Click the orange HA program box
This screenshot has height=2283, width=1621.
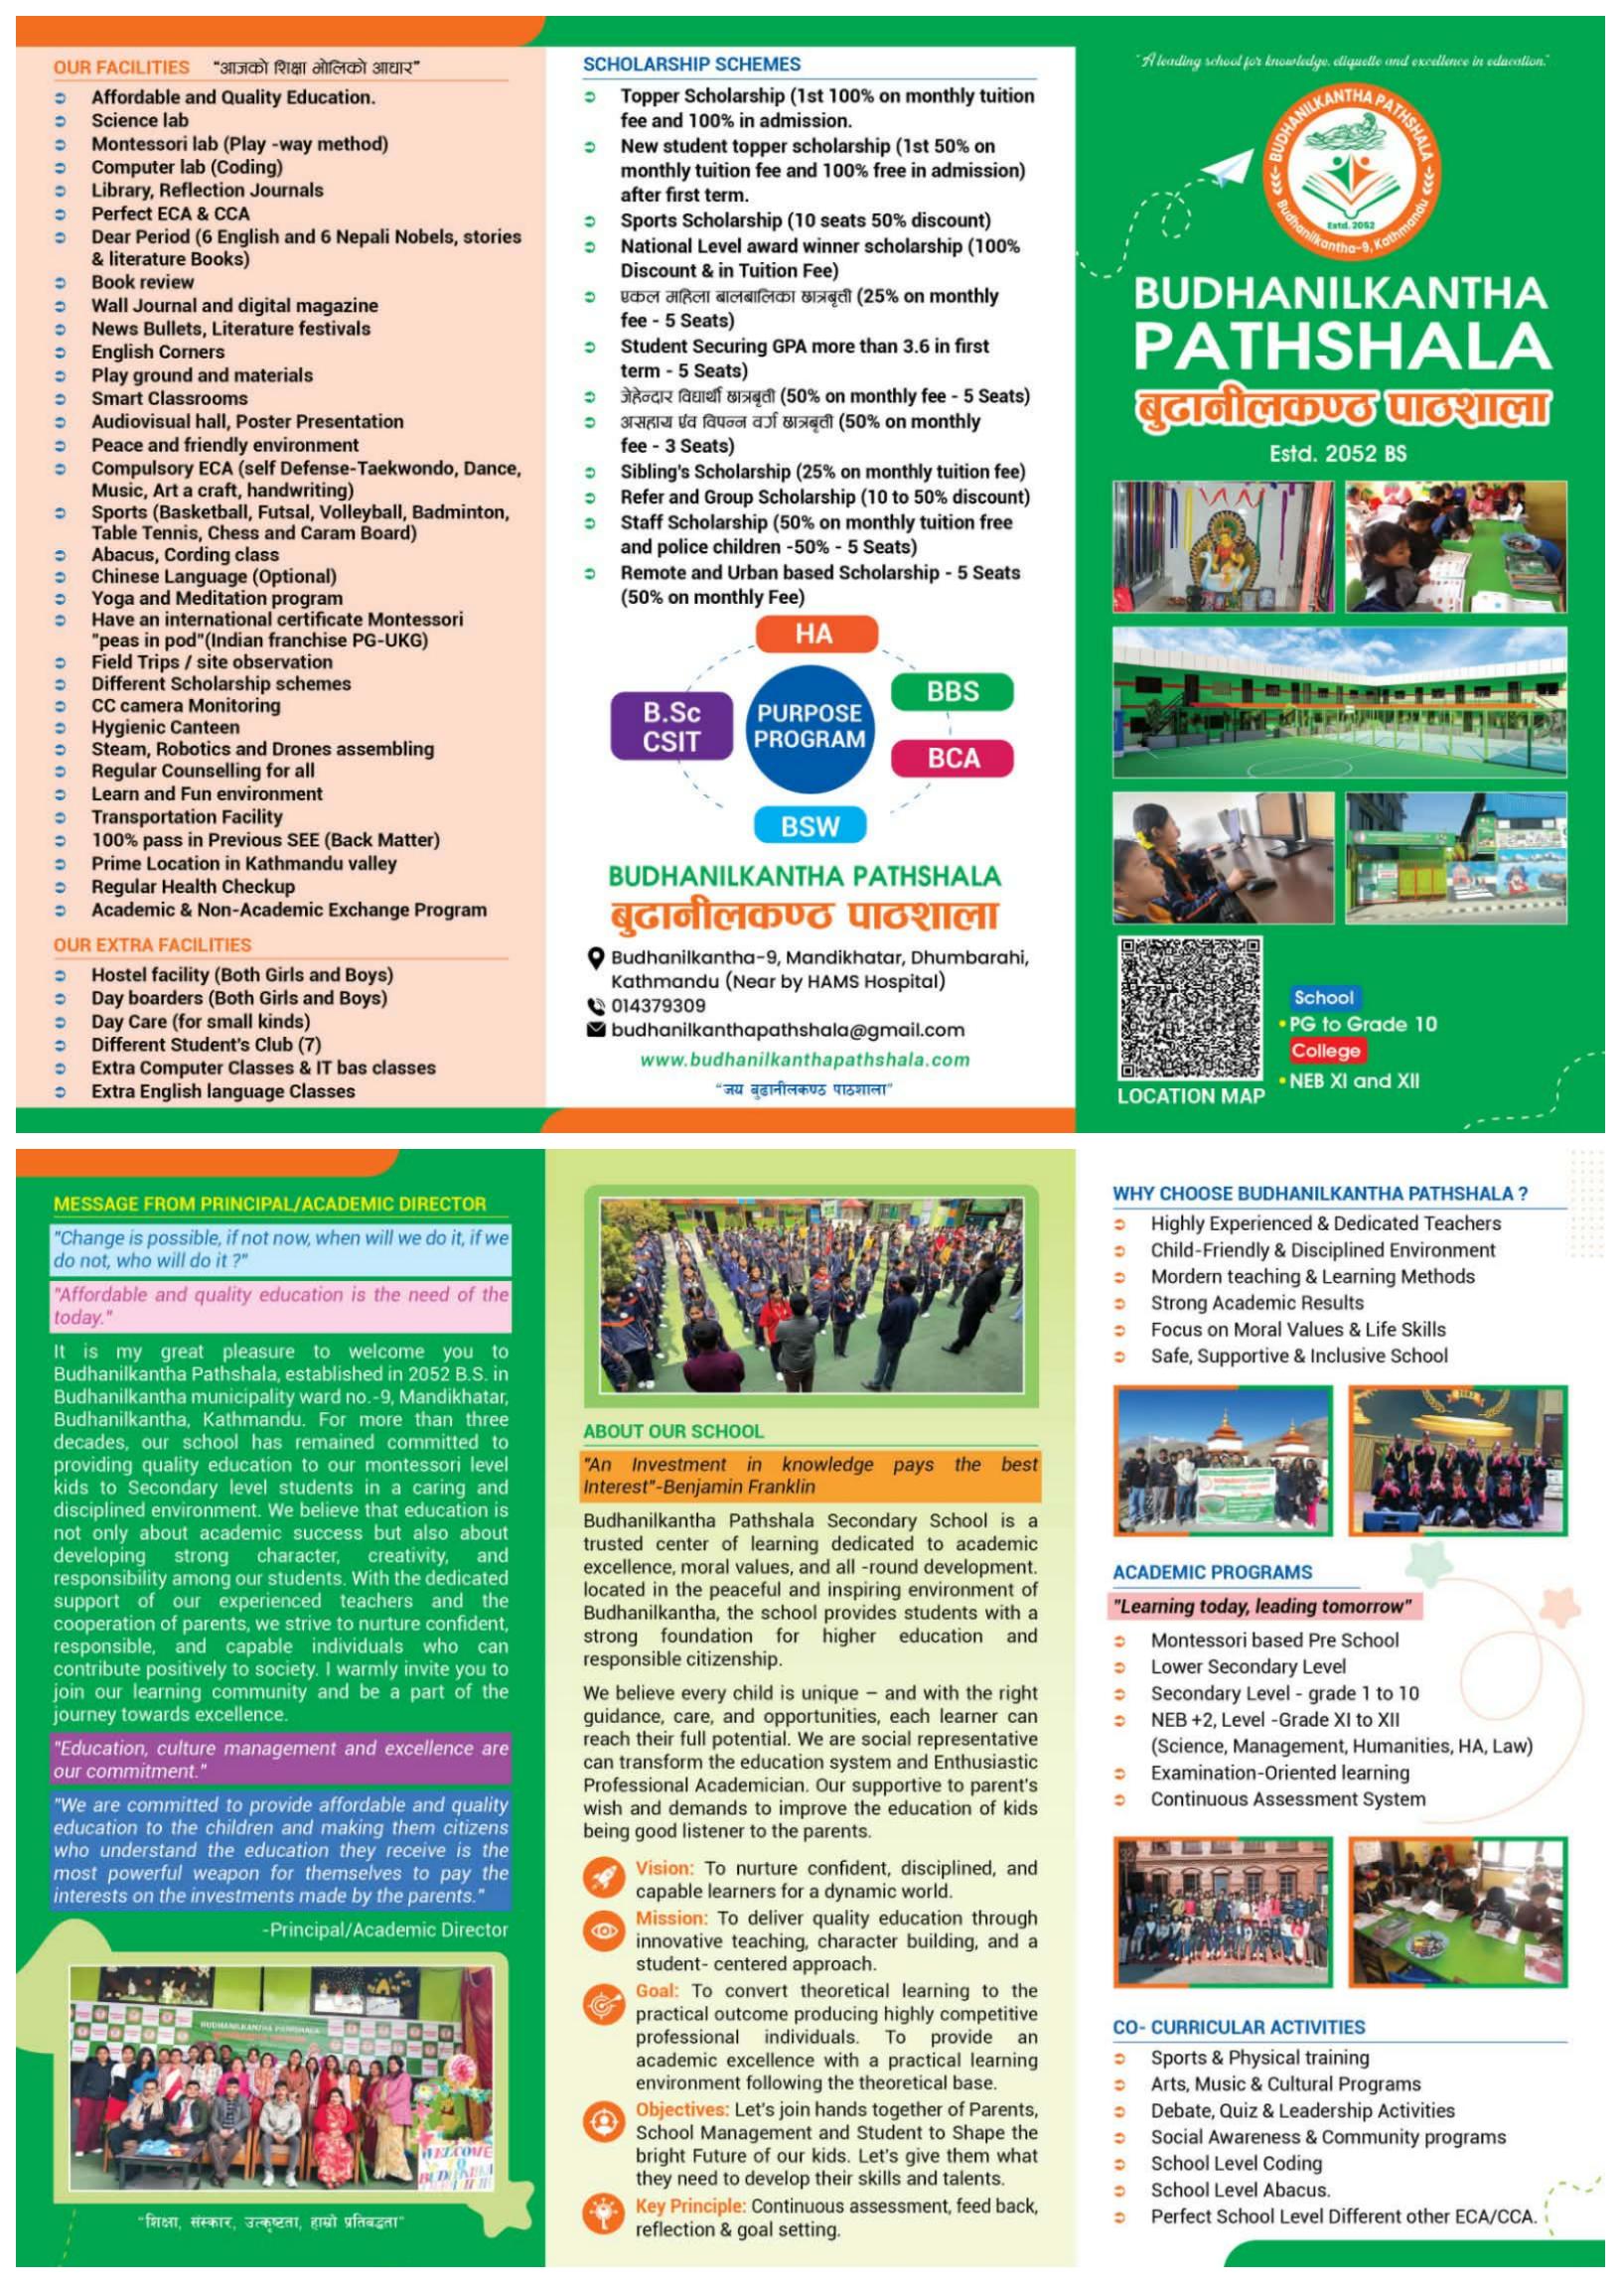click(815, 635)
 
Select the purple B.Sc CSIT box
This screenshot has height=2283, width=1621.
click(670, 727)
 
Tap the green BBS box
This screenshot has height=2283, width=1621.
click(953, 691)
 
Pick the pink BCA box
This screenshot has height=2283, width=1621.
click(953, 759)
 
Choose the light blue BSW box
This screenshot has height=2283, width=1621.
click(810, 826)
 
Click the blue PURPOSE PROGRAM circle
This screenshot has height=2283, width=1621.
click(809, 727)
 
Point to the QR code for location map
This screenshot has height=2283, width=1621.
click(1189, 1008)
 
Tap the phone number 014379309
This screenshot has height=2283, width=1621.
click(658, 1006)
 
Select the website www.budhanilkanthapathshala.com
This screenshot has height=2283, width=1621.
click(805, 1060)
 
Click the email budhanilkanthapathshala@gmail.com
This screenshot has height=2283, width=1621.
click(788, 1030)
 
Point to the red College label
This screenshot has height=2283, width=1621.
click(1325, 1051)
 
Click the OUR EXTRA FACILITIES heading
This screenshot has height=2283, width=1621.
click(153, 945)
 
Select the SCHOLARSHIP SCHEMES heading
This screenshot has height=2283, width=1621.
click(691, 65)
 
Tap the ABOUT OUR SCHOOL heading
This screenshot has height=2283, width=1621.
click(673, 1431)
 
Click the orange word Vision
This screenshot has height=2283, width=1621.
click(663, 1868)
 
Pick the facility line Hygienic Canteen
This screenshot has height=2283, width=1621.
click(166, 728)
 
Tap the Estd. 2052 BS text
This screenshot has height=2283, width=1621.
click(1338, 454)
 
